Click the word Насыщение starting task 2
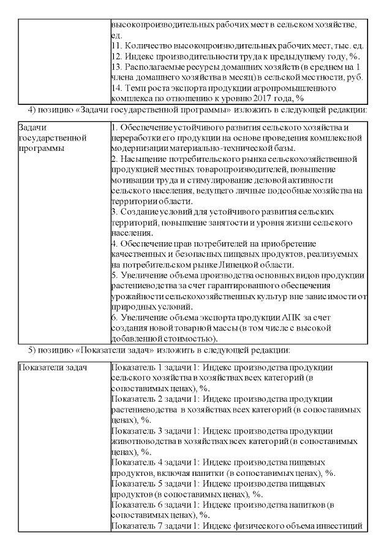click(x=140, y=158)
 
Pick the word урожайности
click(x=138, y=296)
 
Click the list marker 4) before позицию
click(x=34, y=109)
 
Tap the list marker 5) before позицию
click(x=34, y=350)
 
